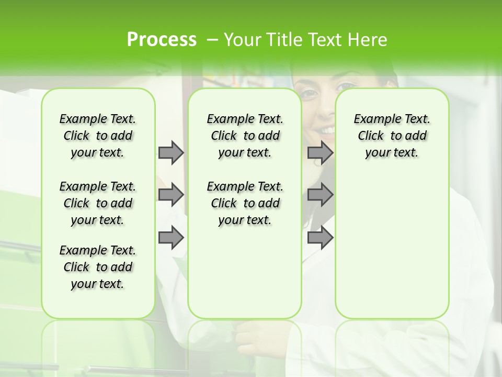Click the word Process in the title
(x=162, y=39)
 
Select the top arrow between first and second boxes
(x=171, y=152)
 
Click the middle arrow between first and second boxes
(x=171, y=195)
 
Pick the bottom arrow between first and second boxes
(x=171, y=237)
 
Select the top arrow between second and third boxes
(x=320, y=152)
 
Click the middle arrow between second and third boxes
(x=320, y=195)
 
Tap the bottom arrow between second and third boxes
(x=320, y=237)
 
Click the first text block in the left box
(x=98, y=136)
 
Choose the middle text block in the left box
(x=98, y=203)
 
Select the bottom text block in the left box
(x=98, y=267)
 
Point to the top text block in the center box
(x=245, y=136)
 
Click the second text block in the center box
(x=245, y=203)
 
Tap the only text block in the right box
(x=392, y=136)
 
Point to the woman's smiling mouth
(x=327, y=129)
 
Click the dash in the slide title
(x=212, y=40)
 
